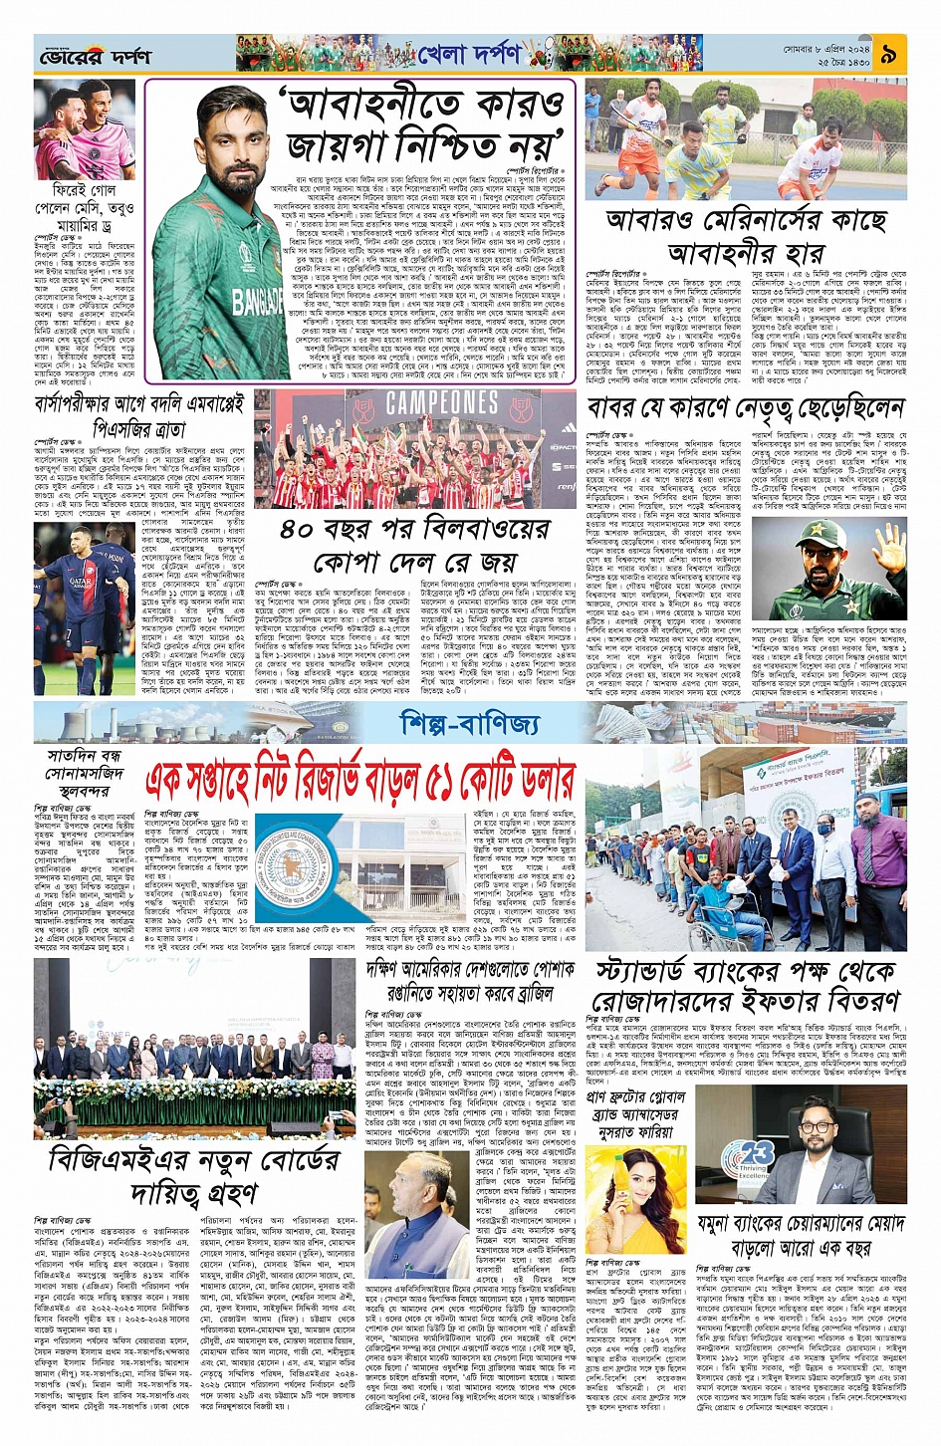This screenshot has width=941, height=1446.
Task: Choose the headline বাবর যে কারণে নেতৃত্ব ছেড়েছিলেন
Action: (745, 409)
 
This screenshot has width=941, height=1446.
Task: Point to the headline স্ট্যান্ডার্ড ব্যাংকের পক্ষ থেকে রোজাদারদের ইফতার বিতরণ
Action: (746, 986)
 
